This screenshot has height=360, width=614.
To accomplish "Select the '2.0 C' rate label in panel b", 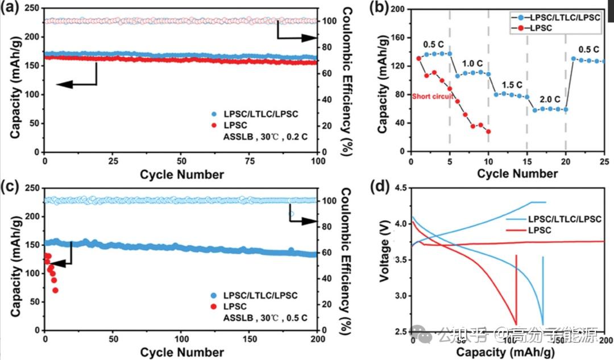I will point(547,98).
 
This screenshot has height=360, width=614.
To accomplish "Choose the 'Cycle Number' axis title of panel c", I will point(182,353).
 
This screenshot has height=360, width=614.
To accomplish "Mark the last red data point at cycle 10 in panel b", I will point(488,131).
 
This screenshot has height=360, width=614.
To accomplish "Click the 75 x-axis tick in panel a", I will point(250,161).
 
